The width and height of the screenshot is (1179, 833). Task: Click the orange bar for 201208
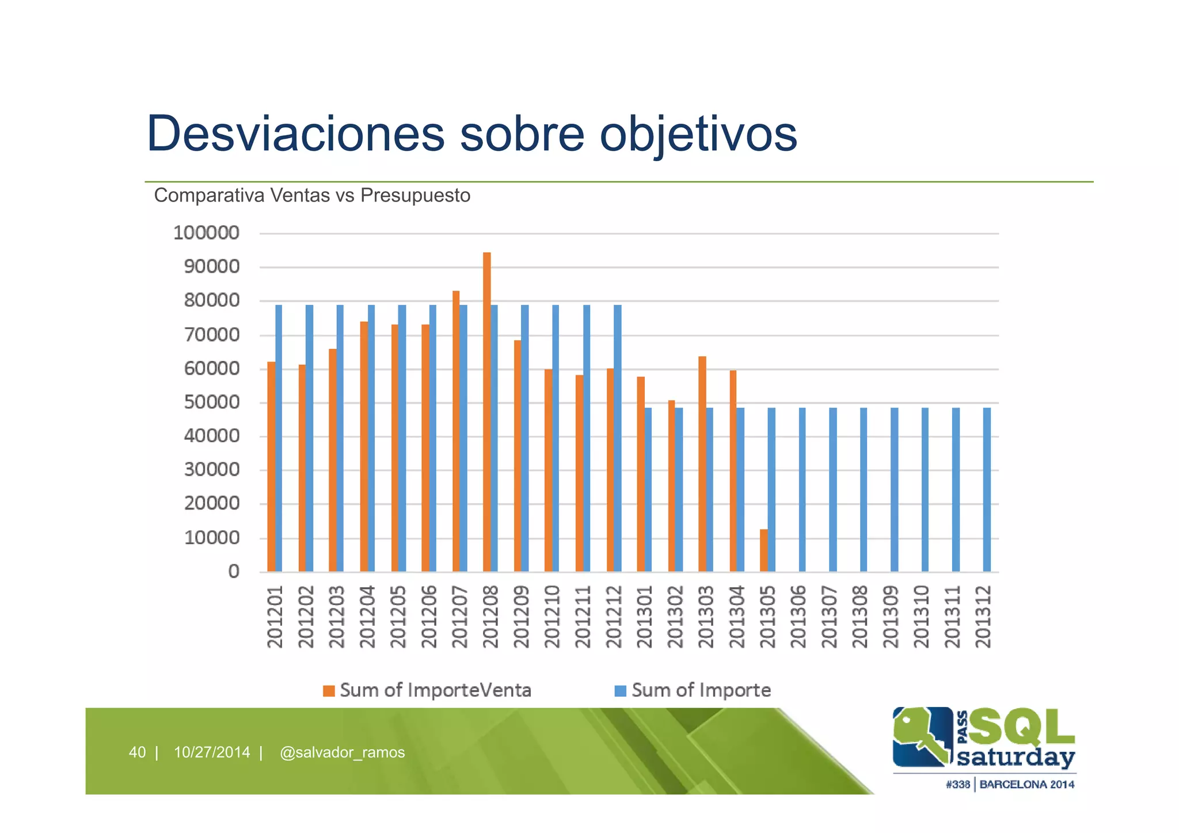click(486, 412)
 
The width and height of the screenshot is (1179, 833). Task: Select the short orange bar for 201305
click(763, 550)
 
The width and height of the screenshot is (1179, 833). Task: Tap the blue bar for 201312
click(987, 489)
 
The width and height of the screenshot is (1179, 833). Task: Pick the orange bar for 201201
click(271, 466)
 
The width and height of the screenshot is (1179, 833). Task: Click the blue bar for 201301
click(648, 489)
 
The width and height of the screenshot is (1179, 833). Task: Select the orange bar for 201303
click(702, 463)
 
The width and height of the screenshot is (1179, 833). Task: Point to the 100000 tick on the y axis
click(206, 233)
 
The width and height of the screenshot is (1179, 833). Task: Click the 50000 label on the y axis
click(211, 402)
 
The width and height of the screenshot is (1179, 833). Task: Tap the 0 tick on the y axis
click(234, 572)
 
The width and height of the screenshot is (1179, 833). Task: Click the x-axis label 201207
click(459, 617)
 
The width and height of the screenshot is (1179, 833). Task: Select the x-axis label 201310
click(922, 617)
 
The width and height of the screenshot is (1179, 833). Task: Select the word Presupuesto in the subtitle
click(415, 196)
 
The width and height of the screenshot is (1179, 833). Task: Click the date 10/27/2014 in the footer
click(212, 752)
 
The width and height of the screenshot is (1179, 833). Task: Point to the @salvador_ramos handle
click(342, 752)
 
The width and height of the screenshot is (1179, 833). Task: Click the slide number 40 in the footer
click(137, 752)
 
